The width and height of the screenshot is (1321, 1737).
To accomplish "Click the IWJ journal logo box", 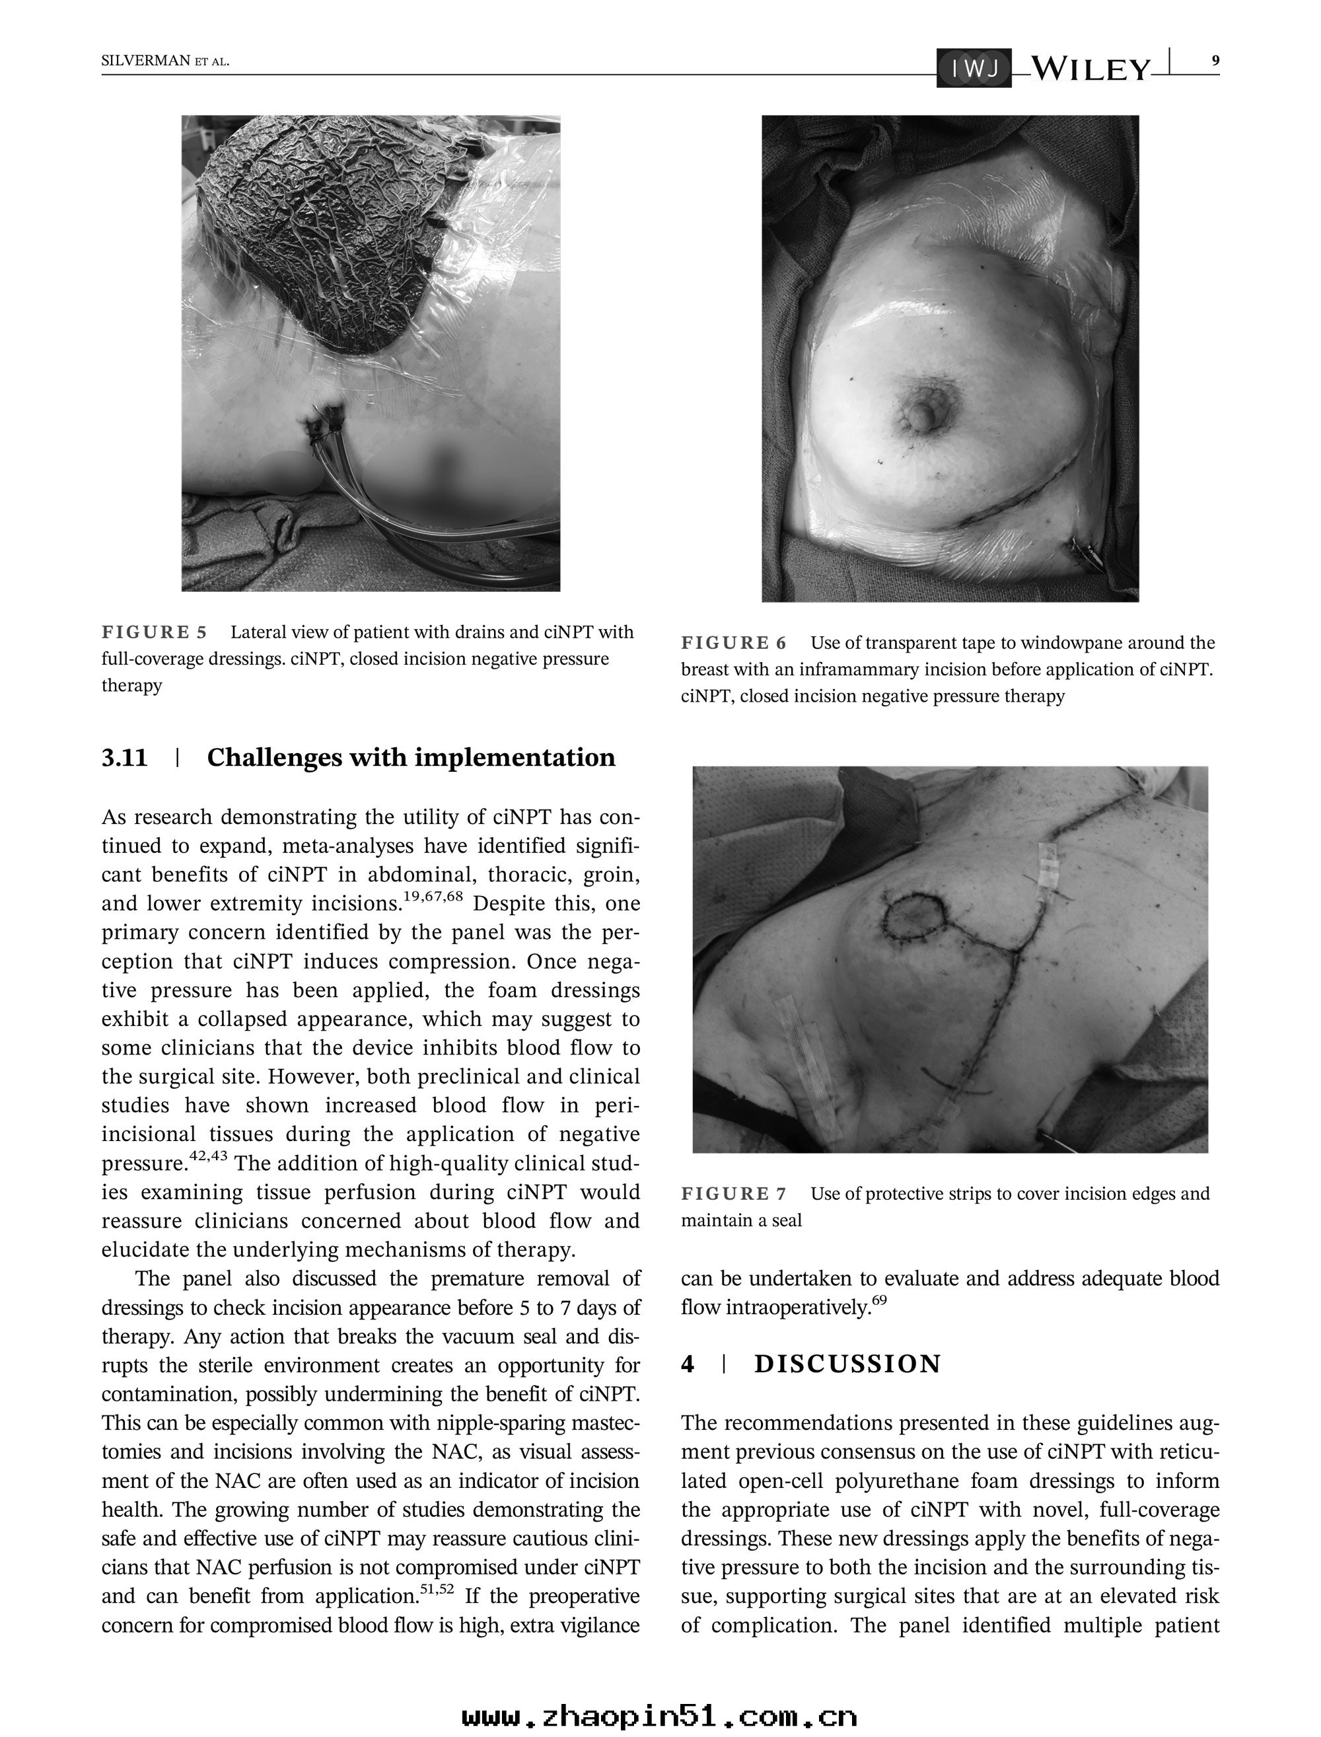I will [x=974, y=69].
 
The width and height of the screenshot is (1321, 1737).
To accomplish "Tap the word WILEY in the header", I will [x=1090, y=69].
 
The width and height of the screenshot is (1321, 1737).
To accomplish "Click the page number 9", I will [x=1215, y=61].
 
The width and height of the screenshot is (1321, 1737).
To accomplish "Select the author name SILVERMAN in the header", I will [x=146, y=61].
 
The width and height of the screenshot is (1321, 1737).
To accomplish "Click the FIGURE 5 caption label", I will [x=154, y=632].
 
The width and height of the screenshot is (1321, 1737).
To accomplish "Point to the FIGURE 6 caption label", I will [x=734, y=644].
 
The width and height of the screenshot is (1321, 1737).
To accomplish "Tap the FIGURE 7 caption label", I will [x=734, y=1194].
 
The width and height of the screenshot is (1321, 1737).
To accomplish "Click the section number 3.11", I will [x=124, y=757].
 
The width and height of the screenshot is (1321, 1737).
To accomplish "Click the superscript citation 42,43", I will [x=208, y=1156].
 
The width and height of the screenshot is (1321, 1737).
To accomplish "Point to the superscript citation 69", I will [x=879, y=1300].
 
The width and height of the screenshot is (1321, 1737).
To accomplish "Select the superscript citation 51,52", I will [x=437, y=1588].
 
